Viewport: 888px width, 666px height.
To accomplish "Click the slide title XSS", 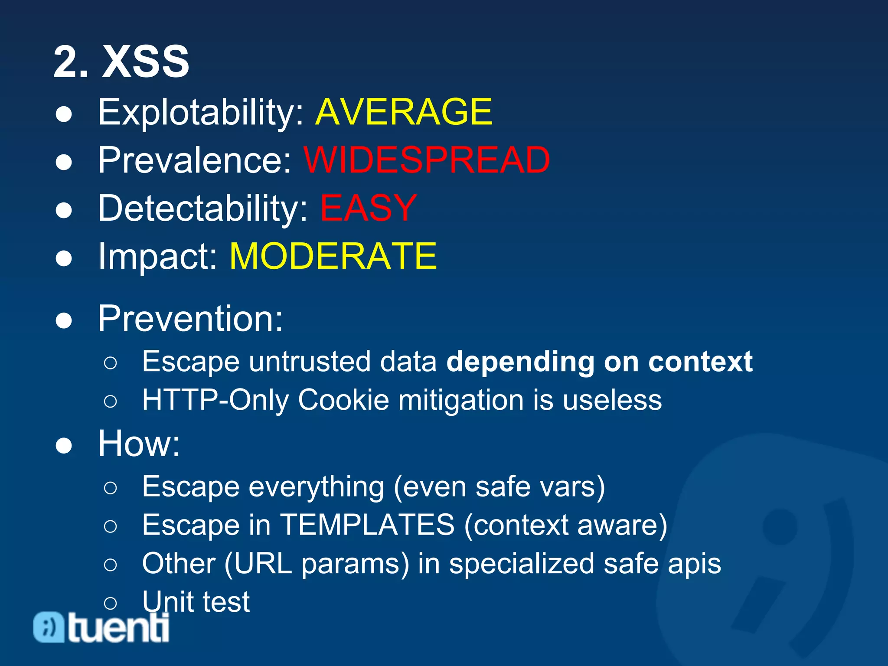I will tap(145, 62).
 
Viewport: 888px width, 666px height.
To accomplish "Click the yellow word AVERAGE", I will tap(403, 112).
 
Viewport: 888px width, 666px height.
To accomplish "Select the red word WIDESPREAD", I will tap(427, 160).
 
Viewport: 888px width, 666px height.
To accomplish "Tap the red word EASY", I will tap(368, 208).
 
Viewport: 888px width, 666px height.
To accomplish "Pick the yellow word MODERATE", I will tap(333, 256).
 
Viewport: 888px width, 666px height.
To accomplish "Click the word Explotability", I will tap(201, 113).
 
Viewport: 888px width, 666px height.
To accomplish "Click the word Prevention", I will tap(190, 319).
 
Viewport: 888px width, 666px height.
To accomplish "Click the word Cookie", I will tap(343, 400).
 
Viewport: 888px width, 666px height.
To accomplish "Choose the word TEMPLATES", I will tap(368, 525).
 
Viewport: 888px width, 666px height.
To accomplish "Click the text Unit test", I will tap(196, 602).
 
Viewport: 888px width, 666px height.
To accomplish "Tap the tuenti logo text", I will tap(118, 627).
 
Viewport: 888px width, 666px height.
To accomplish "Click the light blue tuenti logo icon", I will tap(49, 627).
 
